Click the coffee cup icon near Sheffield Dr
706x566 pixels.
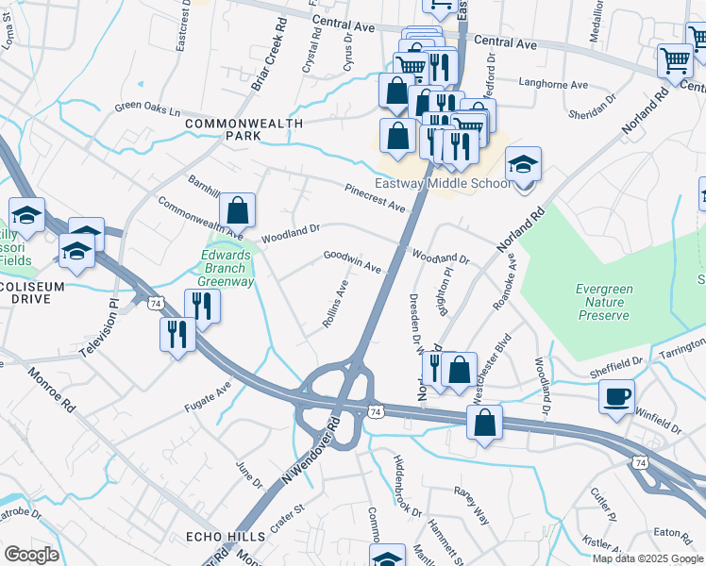[x=616, y=397]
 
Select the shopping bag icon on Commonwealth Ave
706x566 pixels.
[x=238, y=211]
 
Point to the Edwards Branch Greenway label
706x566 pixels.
[x=227, y=268]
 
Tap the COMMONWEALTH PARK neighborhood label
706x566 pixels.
[x=244, y=129]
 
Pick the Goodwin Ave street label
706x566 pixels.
[x=352, y=261]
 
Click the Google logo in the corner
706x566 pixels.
[x=31, y=555]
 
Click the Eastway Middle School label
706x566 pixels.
[x=443, y=183]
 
